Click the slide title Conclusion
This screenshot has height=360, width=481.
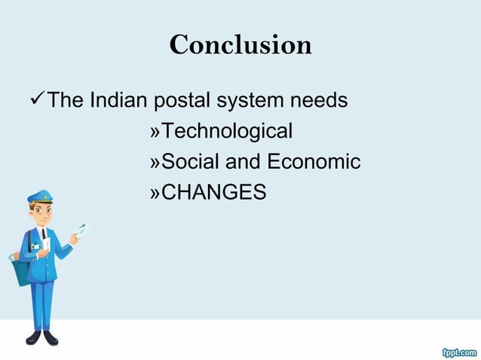(x=240, y=45)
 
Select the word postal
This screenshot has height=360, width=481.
(x=181, y=101)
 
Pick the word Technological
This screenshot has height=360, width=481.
(x=227, y=132)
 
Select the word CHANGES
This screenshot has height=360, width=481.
(x=214, y=193)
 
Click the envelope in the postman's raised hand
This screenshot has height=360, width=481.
(x=81, y=229)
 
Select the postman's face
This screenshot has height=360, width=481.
(x=42, y=213)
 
